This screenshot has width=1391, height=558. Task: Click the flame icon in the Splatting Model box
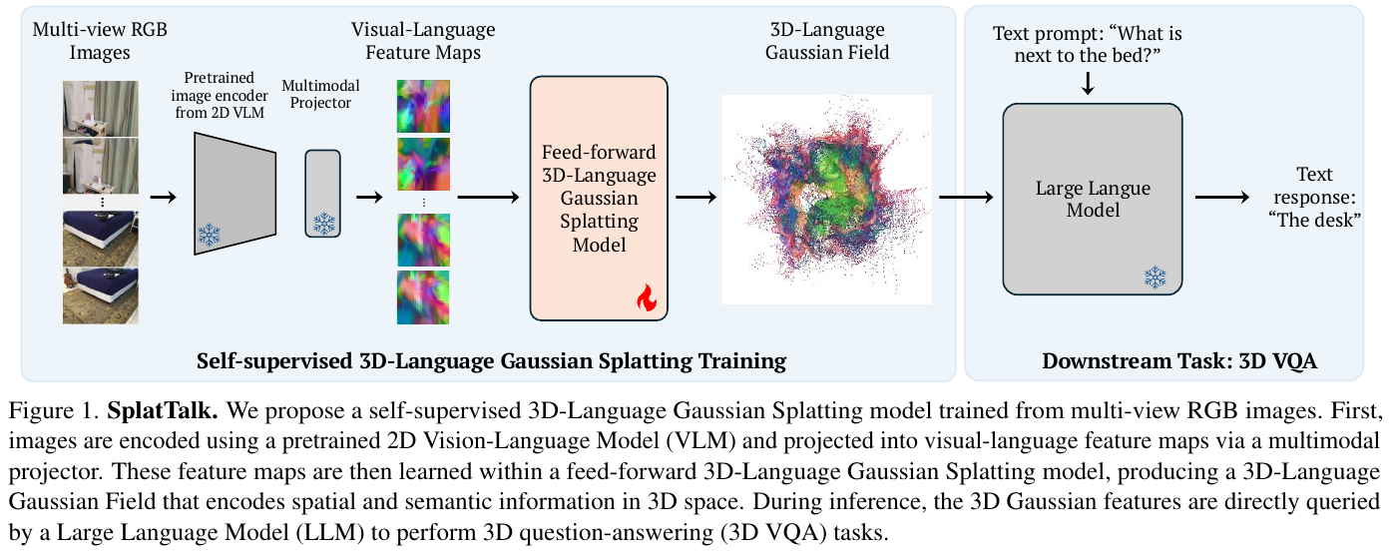point(648,296)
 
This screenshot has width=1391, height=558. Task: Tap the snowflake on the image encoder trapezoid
point(209,236)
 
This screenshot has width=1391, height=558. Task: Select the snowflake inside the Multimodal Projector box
point(322,223)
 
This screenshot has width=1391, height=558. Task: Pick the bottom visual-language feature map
point(423,296)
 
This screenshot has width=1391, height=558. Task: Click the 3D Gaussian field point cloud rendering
point(826,199)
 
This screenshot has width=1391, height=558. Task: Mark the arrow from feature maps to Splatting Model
point(489,197)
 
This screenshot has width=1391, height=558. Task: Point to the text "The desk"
point(1315,221)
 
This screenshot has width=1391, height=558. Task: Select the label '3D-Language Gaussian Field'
point(826,41)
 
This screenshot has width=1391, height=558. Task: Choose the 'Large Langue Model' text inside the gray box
point(1093,199)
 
